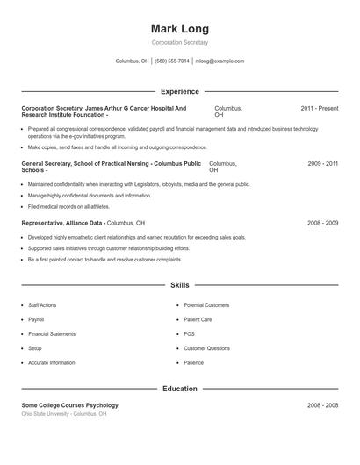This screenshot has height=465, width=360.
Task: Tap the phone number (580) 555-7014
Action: pos(172,61)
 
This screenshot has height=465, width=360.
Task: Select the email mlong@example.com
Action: pos(220,61)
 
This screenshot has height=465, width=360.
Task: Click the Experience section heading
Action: pos(180,91)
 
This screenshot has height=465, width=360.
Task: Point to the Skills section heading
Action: pos(180,285)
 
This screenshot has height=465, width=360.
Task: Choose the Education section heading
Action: pos(180,389)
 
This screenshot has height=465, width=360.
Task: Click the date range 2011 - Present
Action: pos(319,108)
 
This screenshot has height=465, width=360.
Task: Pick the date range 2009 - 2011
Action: pos(322,164)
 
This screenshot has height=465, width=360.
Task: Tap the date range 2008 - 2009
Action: pos(322,224)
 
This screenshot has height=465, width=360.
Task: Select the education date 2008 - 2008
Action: pos(322,405)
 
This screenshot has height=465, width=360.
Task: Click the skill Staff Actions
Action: pos(43,305)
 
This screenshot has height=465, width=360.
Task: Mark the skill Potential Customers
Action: pos(206,305)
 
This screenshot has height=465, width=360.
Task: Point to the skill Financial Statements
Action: pos(52,334)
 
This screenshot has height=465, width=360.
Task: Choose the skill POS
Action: pos(189,334)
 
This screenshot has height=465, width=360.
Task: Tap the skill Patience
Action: pos(193,362)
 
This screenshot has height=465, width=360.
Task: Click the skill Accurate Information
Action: pos(51,362)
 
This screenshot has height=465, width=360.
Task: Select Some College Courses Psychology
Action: pos(69,405)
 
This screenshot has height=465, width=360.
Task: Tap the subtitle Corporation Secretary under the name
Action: pos(180,42)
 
